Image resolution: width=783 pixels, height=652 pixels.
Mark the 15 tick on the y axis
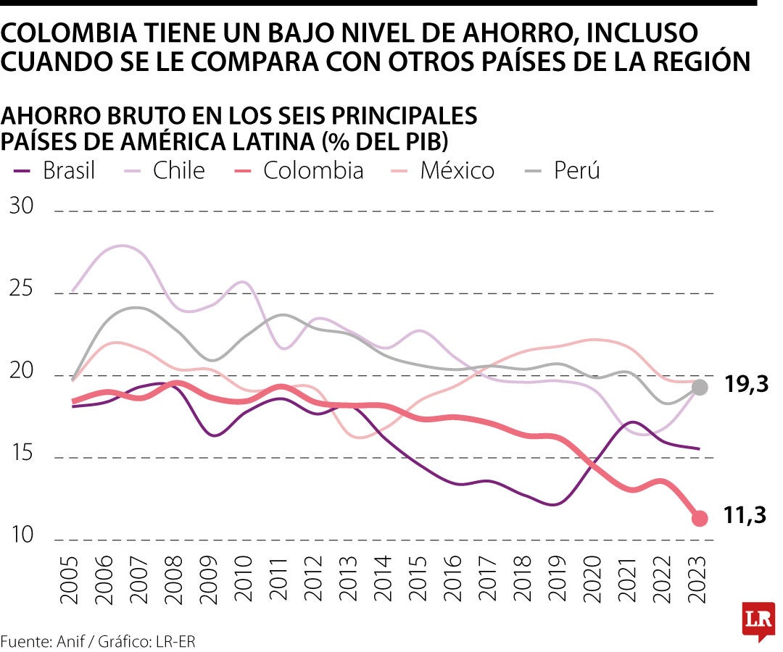coord(22,454)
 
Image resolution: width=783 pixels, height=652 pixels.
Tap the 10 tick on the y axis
coord(22,536)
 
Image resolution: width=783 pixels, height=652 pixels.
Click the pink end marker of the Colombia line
coord(700,518)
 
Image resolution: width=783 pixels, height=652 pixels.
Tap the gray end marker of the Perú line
coord(700,387)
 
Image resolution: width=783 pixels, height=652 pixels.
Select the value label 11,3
coord(744,516)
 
